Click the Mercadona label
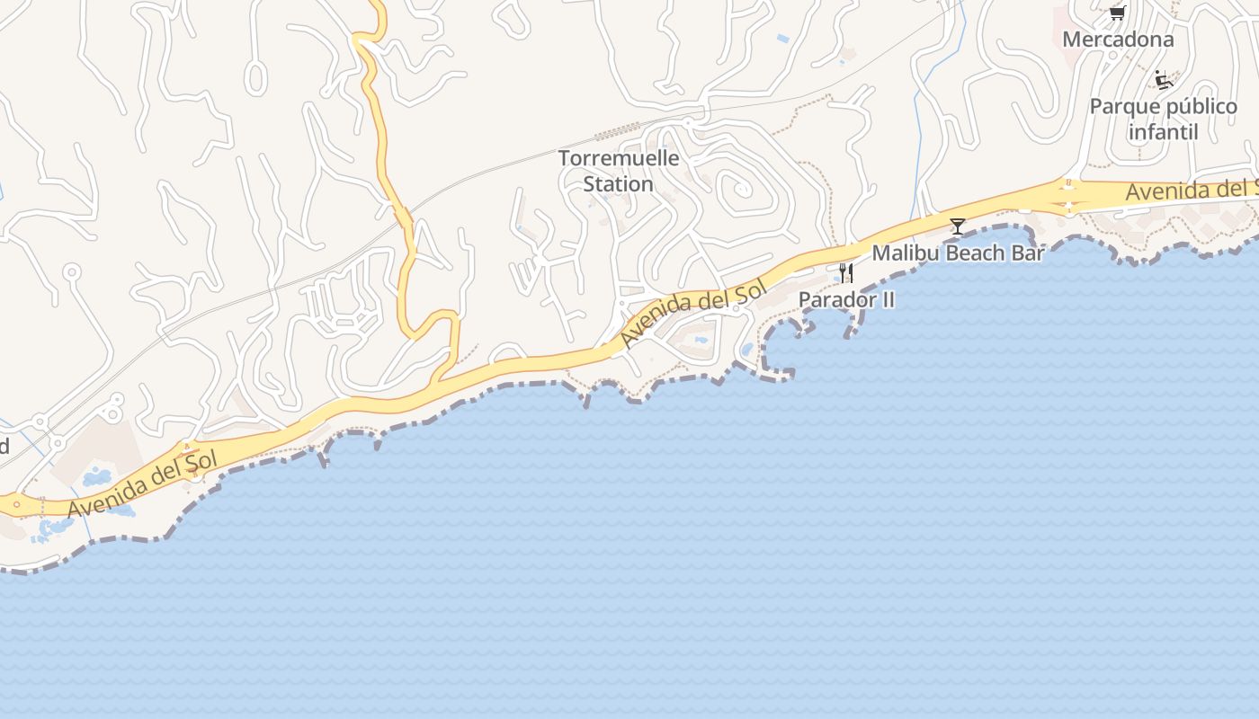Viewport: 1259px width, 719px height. (x=1118, y=40)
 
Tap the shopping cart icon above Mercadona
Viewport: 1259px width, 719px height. (x=1117, y=13)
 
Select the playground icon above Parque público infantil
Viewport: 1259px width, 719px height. (x=1164, y=80)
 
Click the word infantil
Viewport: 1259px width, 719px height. (x=1164, y=132)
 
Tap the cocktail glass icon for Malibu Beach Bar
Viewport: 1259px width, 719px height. (x=958, y=226)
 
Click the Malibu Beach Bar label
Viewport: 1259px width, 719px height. (x=958, y=253)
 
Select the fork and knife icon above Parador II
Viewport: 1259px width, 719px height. (x=845, y=272)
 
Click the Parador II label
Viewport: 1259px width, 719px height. (x=846, y=299)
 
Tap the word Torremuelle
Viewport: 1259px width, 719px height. (x=619, y=158)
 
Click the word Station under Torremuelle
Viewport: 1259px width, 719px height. (x=619, y=184)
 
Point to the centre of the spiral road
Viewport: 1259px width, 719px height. (x=743, y=190)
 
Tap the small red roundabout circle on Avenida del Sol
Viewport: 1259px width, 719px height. (x=16, y=505)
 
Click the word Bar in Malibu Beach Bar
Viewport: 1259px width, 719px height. (x=1029, y=253)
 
